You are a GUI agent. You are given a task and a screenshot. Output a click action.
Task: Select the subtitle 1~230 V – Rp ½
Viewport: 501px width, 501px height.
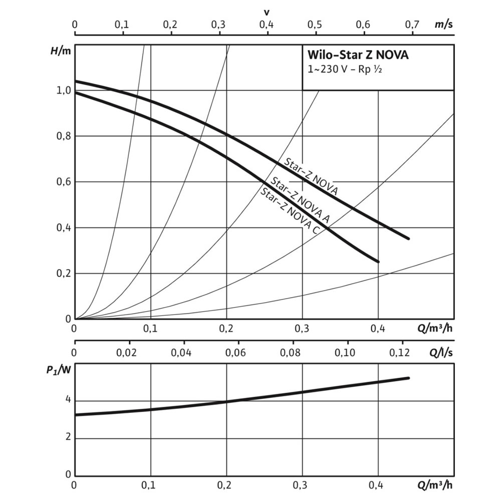pyautogui.click(x=345, y=70)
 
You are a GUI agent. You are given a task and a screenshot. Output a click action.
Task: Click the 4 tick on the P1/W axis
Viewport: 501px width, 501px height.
pyautogui.click(x=67, y=401)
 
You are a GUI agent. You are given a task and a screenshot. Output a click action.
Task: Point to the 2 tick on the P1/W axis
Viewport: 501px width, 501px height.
pyautogui.click(x=67, y=438)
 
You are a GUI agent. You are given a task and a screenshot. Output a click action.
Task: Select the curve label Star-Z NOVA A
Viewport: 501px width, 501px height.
pyautogui.click(x=299, y=199)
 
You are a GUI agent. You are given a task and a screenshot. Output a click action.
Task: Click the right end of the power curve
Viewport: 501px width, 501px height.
pyautogui.click(x=409, y=378)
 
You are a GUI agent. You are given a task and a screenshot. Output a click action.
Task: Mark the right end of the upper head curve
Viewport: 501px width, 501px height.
pyautogui.click(x=409, y=238)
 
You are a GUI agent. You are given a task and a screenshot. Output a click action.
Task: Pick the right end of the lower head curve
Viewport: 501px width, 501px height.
pyautogui.click(x=378, y=262)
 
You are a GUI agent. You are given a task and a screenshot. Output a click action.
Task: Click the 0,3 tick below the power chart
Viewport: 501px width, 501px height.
pyautogui.click(x=303, y=485)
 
